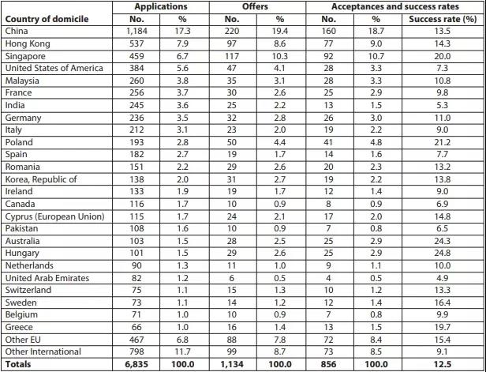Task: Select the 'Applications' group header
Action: point(161,7)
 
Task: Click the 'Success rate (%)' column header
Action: point(447,20)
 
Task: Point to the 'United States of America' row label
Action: point(53,68)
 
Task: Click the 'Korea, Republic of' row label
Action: point(40,180)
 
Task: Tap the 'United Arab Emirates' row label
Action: point(47,278)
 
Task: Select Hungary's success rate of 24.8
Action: point(446,254)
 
